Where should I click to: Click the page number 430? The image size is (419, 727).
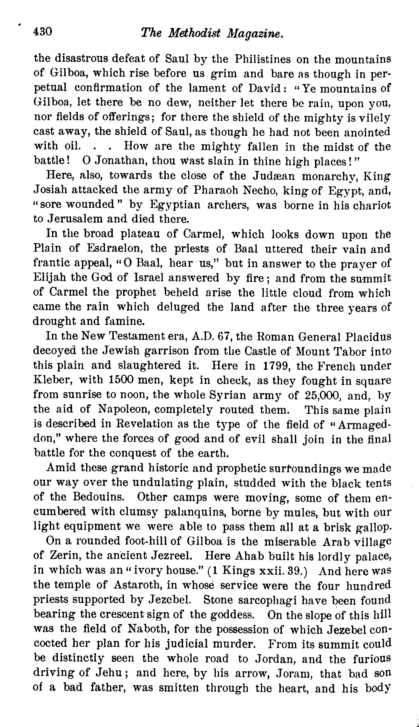pos(43,31)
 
